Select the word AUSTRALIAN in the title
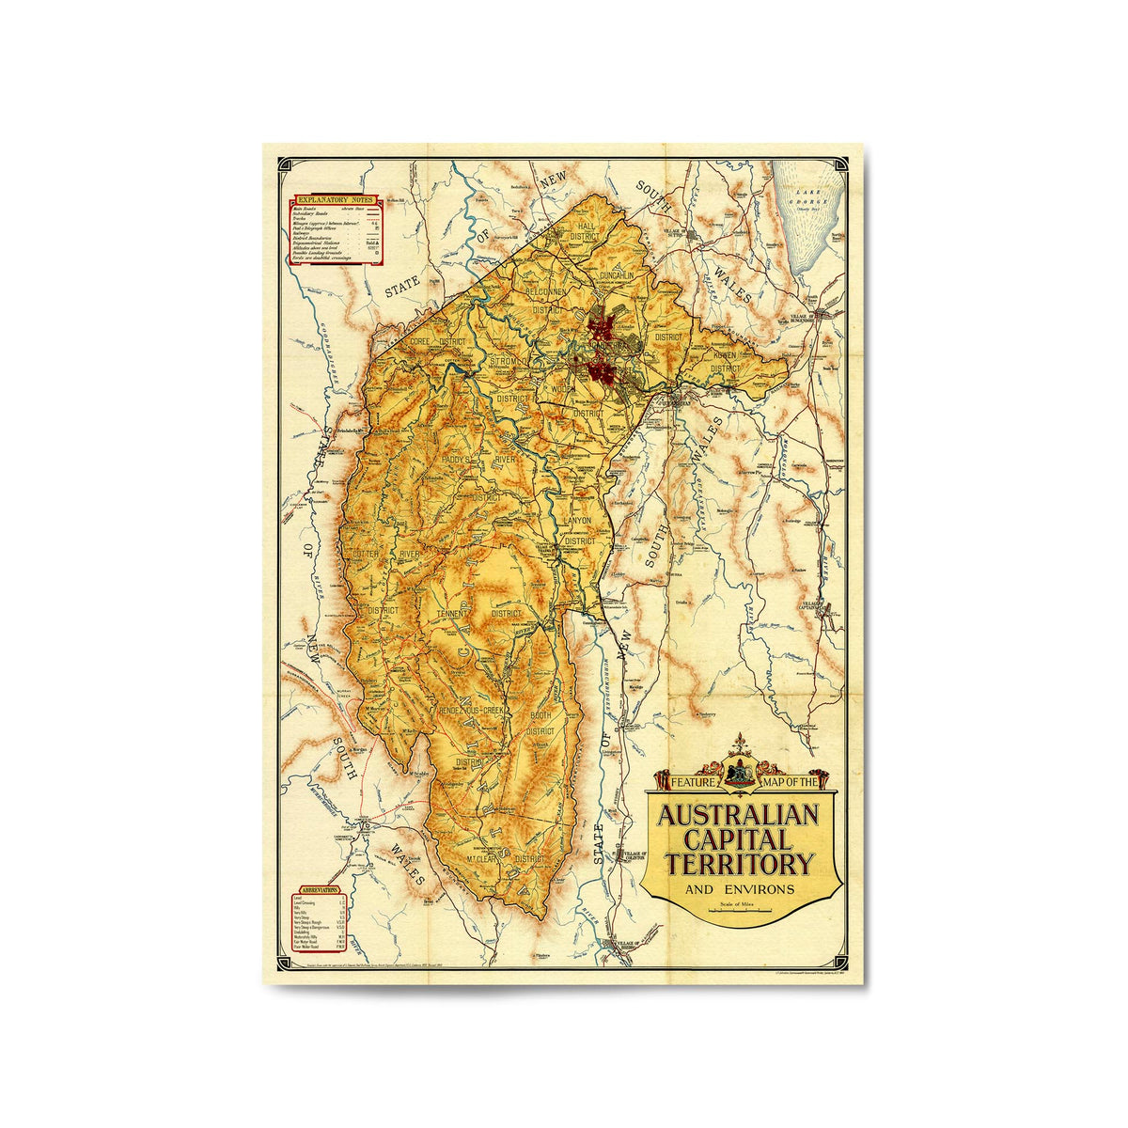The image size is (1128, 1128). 738,814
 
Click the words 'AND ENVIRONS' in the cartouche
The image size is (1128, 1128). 740,889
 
